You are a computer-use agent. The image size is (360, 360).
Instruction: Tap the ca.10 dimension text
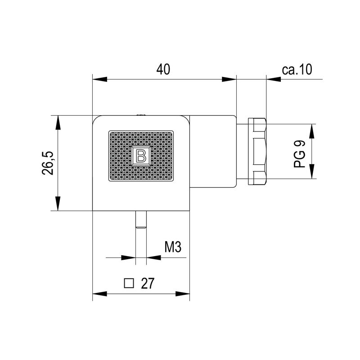[297, 69]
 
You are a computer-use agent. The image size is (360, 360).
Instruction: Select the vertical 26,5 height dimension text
[49, 163]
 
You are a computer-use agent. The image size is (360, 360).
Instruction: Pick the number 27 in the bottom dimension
[148, 283]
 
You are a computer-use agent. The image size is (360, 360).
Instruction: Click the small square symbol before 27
[129, 283]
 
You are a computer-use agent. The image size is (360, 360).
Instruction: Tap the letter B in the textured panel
[141, 156]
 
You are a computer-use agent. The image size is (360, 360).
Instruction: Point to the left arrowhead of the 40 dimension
[99, 80]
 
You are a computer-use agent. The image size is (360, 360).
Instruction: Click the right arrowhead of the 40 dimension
[229, 80]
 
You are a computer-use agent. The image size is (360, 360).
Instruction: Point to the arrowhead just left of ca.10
[274, 80]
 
